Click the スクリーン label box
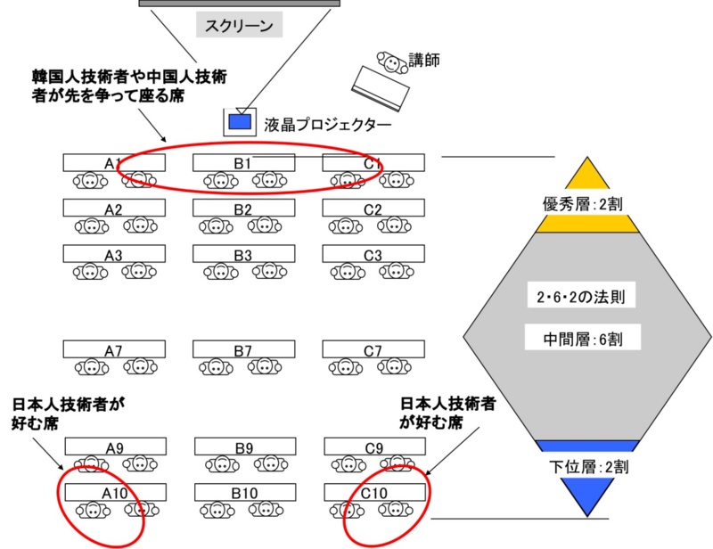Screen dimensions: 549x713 (x=239, y=27)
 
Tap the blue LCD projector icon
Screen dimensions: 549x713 (x=238, y=119)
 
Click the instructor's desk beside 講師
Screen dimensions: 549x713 (x=381, y=89)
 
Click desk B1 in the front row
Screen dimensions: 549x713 (x=243, y=163)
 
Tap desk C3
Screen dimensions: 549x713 (x=373, y=255)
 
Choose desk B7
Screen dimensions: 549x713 (x=243, y=350)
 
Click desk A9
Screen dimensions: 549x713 (x=114, y=447)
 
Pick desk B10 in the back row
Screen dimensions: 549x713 (x=243, y=492)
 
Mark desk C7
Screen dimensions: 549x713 (x=373, y=350)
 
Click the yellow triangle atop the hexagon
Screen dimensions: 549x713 (x=586, y=176)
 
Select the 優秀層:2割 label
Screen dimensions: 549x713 (x=586, y=204)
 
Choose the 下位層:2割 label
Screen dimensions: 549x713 (x=586, y=465)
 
